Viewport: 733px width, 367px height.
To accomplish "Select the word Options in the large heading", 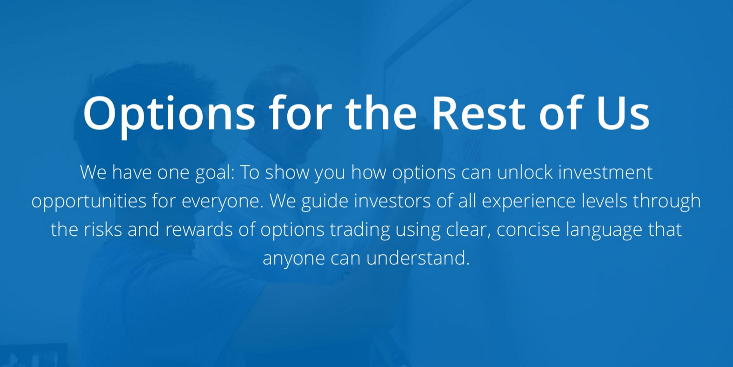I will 169,114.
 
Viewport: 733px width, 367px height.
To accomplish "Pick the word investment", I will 605,172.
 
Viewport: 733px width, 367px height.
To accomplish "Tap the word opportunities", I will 89,202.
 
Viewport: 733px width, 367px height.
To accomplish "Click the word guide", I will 325,202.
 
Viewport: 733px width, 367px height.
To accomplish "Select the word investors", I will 392,201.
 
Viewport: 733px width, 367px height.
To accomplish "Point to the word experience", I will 529,202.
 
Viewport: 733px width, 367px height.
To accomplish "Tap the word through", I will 667,202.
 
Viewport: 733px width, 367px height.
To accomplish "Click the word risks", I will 103,230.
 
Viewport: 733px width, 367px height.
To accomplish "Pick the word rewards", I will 199,230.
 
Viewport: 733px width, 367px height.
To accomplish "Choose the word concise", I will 528,230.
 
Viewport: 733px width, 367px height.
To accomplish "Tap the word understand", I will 418,258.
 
